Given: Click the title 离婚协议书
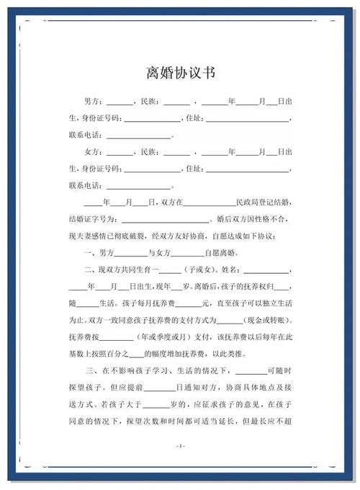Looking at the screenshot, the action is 179,73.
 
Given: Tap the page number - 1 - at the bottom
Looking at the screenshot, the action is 180,447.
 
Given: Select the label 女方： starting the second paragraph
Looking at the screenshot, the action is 94,153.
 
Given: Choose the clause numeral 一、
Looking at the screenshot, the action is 91,254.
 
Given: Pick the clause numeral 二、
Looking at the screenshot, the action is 91,270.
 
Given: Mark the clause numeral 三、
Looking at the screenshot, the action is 91,371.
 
